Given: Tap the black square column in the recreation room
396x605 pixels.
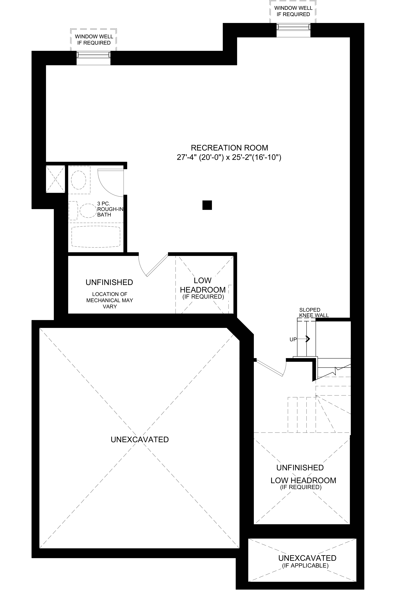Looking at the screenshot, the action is click(207, 205).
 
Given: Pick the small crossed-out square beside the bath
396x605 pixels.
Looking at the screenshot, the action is click(55, 179).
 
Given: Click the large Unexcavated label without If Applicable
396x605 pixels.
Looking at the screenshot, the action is click(140, 439).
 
